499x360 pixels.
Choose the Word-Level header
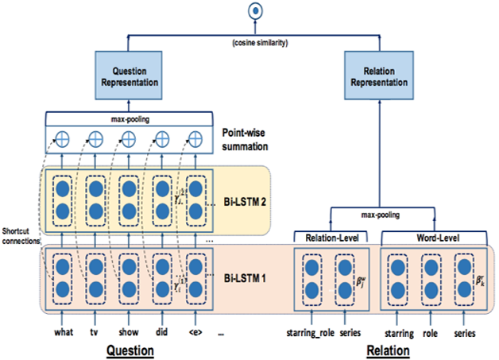(x=430, y=236)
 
